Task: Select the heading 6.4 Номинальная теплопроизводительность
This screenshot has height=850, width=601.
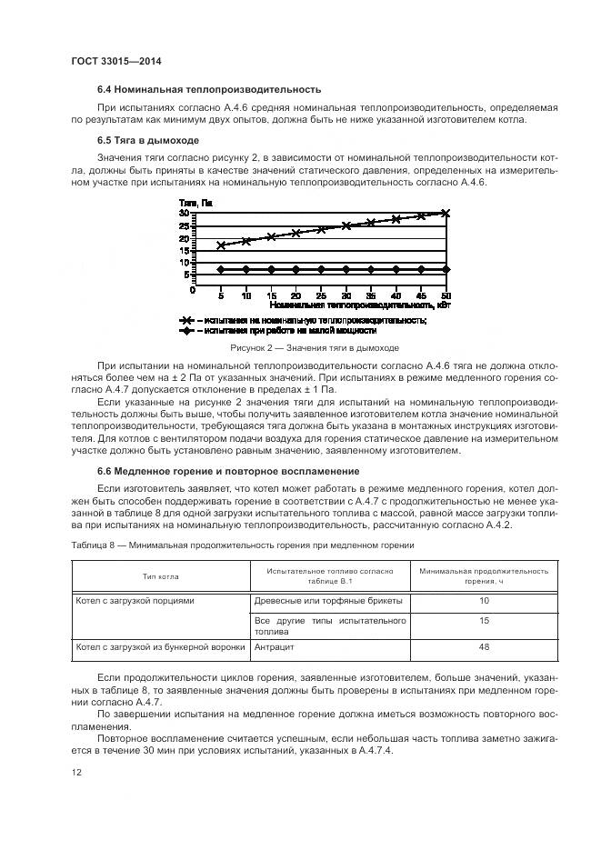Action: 209,89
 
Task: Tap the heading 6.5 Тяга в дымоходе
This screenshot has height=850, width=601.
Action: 147,141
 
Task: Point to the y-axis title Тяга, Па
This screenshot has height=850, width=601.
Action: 195,203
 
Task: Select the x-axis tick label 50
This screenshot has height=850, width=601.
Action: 446,297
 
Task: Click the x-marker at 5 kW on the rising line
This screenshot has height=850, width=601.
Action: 221,245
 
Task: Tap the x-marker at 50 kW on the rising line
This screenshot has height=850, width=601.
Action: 446,213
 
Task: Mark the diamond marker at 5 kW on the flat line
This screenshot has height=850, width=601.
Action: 221,269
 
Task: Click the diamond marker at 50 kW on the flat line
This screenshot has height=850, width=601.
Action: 446,269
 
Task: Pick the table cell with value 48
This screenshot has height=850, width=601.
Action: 484,646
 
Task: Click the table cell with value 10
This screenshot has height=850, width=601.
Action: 484,601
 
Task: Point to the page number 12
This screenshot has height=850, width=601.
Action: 76,773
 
